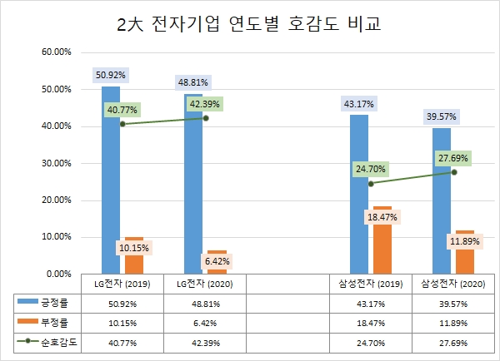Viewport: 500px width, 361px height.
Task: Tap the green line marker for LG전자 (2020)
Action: pos(206,118)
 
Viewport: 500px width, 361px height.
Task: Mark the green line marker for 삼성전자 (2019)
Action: pos(371,183)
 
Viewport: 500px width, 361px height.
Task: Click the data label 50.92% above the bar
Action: pos(111,74)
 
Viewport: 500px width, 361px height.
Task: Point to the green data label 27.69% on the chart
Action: pos(453,158)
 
